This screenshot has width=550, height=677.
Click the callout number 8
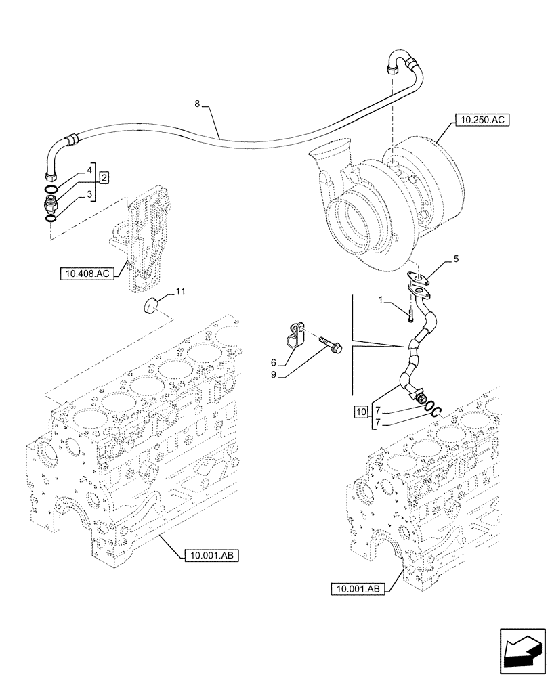[197, 104]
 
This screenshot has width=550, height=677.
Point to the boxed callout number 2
[104, 178]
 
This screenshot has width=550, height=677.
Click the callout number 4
[89, 173]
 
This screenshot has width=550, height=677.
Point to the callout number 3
[89, 194]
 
